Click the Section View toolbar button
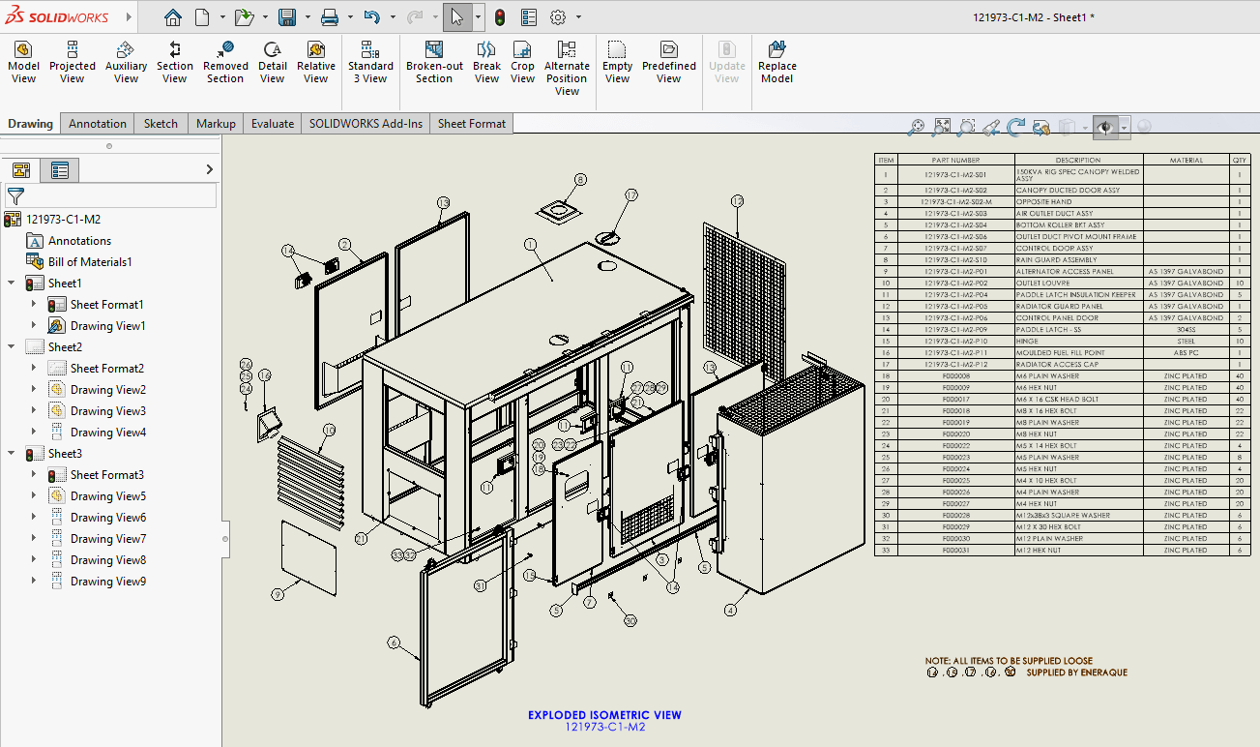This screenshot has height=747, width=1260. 174,61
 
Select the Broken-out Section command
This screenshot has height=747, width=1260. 434,61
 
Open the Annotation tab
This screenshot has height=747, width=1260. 97,123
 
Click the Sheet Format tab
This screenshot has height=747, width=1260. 471,123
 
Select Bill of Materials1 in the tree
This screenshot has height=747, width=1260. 89,261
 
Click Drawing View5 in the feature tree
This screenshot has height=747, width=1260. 107,495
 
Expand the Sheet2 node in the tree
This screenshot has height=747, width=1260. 12,346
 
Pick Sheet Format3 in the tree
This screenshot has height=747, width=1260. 106,474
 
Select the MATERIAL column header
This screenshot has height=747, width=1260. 1186,160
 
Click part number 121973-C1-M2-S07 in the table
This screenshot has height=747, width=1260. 955,248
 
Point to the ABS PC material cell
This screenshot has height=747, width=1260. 1186,352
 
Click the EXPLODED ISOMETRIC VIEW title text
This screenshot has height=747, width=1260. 604,715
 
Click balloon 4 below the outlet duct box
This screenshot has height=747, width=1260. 730,610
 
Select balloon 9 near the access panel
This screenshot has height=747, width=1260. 278,594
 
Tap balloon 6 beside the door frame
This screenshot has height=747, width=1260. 394,642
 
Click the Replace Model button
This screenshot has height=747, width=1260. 777,61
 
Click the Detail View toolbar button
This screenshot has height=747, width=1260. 273,61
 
